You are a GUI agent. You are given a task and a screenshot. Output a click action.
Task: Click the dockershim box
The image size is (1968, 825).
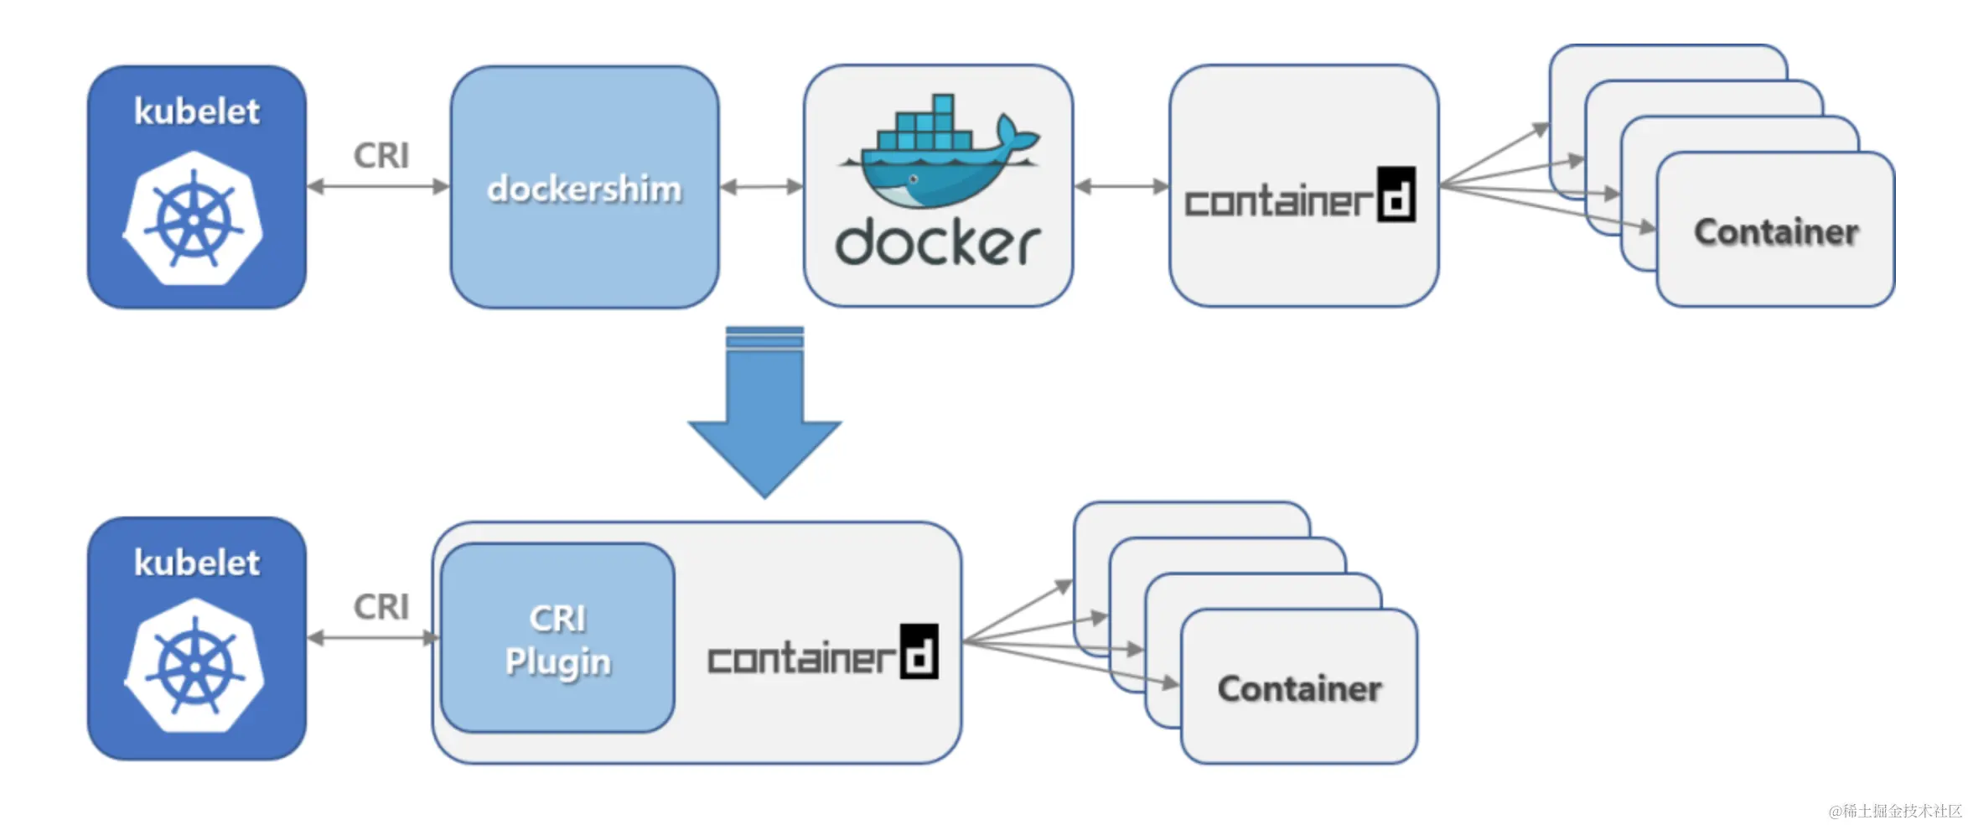[x=584, y=187]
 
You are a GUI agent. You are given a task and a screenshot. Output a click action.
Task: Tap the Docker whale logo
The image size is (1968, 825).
[x=940, y=151]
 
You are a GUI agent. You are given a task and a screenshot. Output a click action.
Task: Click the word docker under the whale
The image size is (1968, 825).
[x=938, y=243]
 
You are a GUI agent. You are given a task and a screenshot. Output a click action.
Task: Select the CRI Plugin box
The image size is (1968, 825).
[x=557, y=638]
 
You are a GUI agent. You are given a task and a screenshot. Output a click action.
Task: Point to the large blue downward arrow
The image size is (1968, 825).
[x=764, y=412]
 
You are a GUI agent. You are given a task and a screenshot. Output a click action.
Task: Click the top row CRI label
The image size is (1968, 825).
[x=381, y=156]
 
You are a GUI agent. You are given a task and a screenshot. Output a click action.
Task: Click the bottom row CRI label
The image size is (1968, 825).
[x=381, y=607]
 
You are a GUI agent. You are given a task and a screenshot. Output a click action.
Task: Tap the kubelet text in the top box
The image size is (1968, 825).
[x=197, y=112]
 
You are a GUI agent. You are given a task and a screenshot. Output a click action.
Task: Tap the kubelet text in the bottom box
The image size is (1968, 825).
[x=197, y=563]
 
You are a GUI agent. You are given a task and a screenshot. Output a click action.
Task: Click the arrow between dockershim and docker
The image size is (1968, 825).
[x=762, y=186]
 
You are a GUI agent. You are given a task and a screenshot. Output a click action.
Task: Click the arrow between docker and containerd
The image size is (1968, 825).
[x=1121, y=186]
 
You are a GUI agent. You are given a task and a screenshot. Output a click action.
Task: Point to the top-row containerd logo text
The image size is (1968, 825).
[x=1300, y=195]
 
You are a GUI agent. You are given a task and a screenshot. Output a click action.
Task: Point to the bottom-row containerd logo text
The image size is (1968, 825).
[x=823, y=651]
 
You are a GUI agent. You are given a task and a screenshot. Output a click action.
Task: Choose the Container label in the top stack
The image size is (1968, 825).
[x=1776, y=232]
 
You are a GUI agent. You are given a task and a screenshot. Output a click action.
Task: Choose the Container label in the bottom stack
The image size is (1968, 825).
[x=1299, y=689]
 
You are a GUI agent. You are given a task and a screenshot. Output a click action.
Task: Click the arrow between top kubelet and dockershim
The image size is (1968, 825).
[x=378, y=186]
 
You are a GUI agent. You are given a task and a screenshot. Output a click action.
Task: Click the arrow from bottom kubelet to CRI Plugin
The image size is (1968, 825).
[x=374, y=638]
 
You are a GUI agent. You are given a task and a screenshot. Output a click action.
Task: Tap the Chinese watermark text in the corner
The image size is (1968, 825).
[x=1895, y=811]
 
